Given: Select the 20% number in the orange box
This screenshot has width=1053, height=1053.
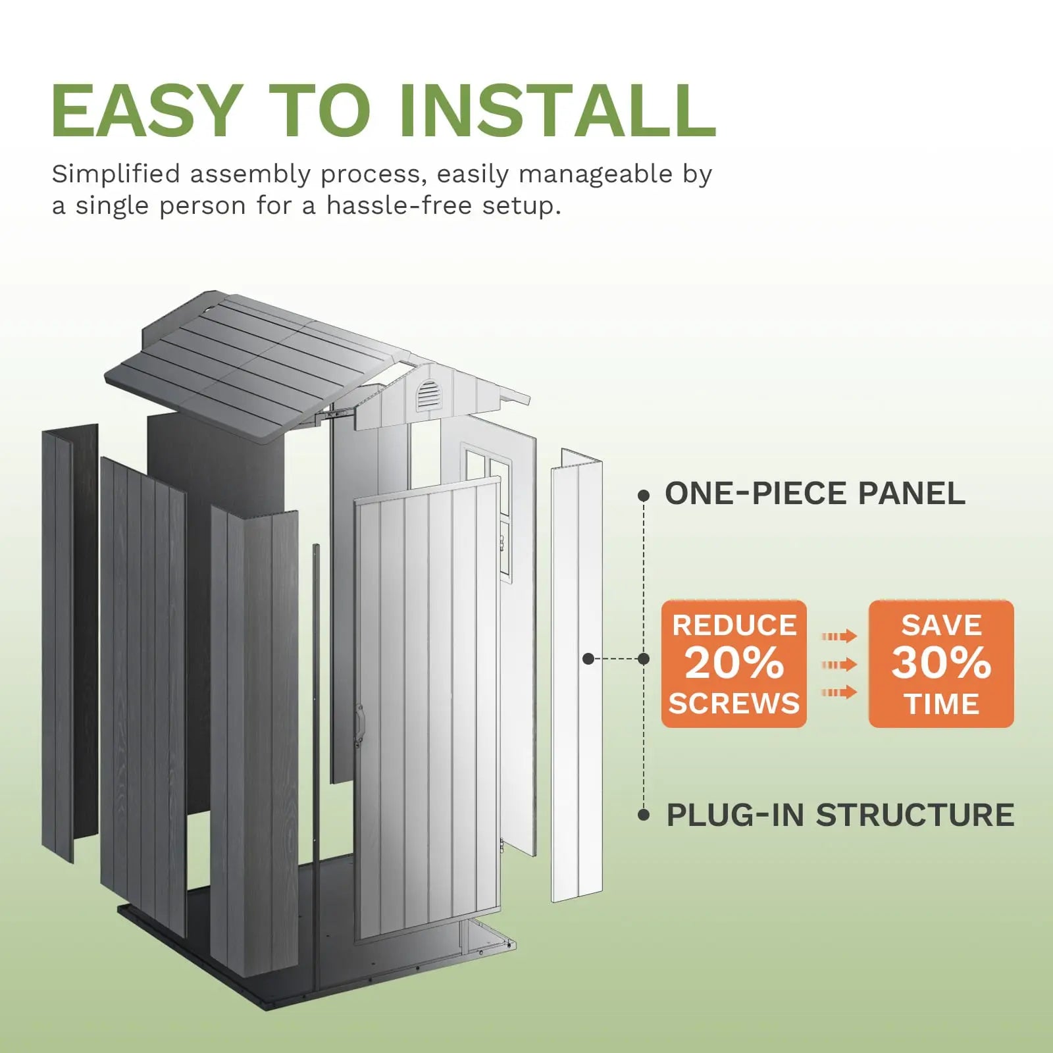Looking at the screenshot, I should (x=734, y=663).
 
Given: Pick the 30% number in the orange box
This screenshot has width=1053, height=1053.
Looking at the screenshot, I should (x=941, y=663).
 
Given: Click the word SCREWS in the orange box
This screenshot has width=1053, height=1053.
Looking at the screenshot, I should (x=734, y=704).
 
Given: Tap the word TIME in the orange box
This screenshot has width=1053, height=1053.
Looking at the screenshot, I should (x=942, y=704).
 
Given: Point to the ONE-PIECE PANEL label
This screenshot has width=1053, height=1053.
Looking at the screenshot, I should (x=815, y=494).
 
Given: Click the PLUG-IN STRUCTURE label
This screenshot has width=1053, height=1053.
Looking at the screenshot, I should (x=840, y=815).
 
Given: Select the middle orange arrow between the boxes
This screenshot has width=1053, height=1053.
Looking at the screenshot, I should (x=839, y=664).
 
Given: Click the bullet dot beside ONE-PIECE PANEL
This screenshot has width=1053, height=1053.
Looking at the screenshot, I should (x=644, y=496).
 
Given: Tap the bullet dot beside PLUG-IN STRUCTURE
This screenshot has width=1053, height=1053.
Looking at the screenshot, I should (x=644, y=815).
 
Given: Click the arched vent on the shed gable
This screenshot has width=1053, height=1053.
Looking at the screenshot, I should (x=428, y=395).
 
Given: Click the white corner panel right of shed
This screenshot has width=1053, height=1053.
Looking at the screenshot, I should (x=577, y=678).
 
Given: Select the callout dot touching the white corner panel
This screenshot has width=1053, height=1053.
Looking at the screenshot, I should (x=588, y=658).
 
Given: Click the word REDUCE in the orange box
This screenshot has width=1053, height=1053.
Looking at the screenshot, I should (x=734, y=625).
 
